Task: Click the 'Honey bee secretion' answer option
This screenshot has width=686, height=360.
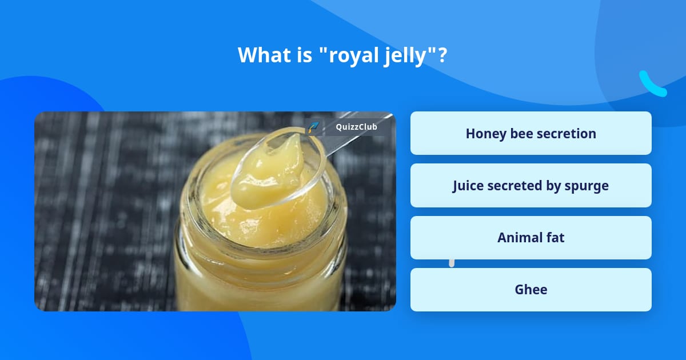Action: tap(531, 133)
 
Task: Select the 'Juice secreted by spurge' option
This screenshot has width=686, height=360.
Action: tap(531, 186)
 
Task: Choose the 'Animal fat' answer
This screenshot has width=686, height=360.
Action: tap(531, 238)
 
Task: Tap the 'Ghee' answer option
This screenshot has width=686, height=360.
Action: tap(531, 290)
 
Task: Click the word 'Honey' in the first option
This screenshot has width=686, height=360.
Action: tap(486, 133)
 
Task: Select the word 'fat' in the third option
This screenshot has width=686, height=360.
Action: tap(553, 238)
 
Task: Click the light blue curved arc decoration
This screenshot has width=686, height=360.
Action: tap(652, 85)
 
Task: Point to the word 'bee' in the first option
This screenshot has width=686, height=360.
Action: tap(521, 133)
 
